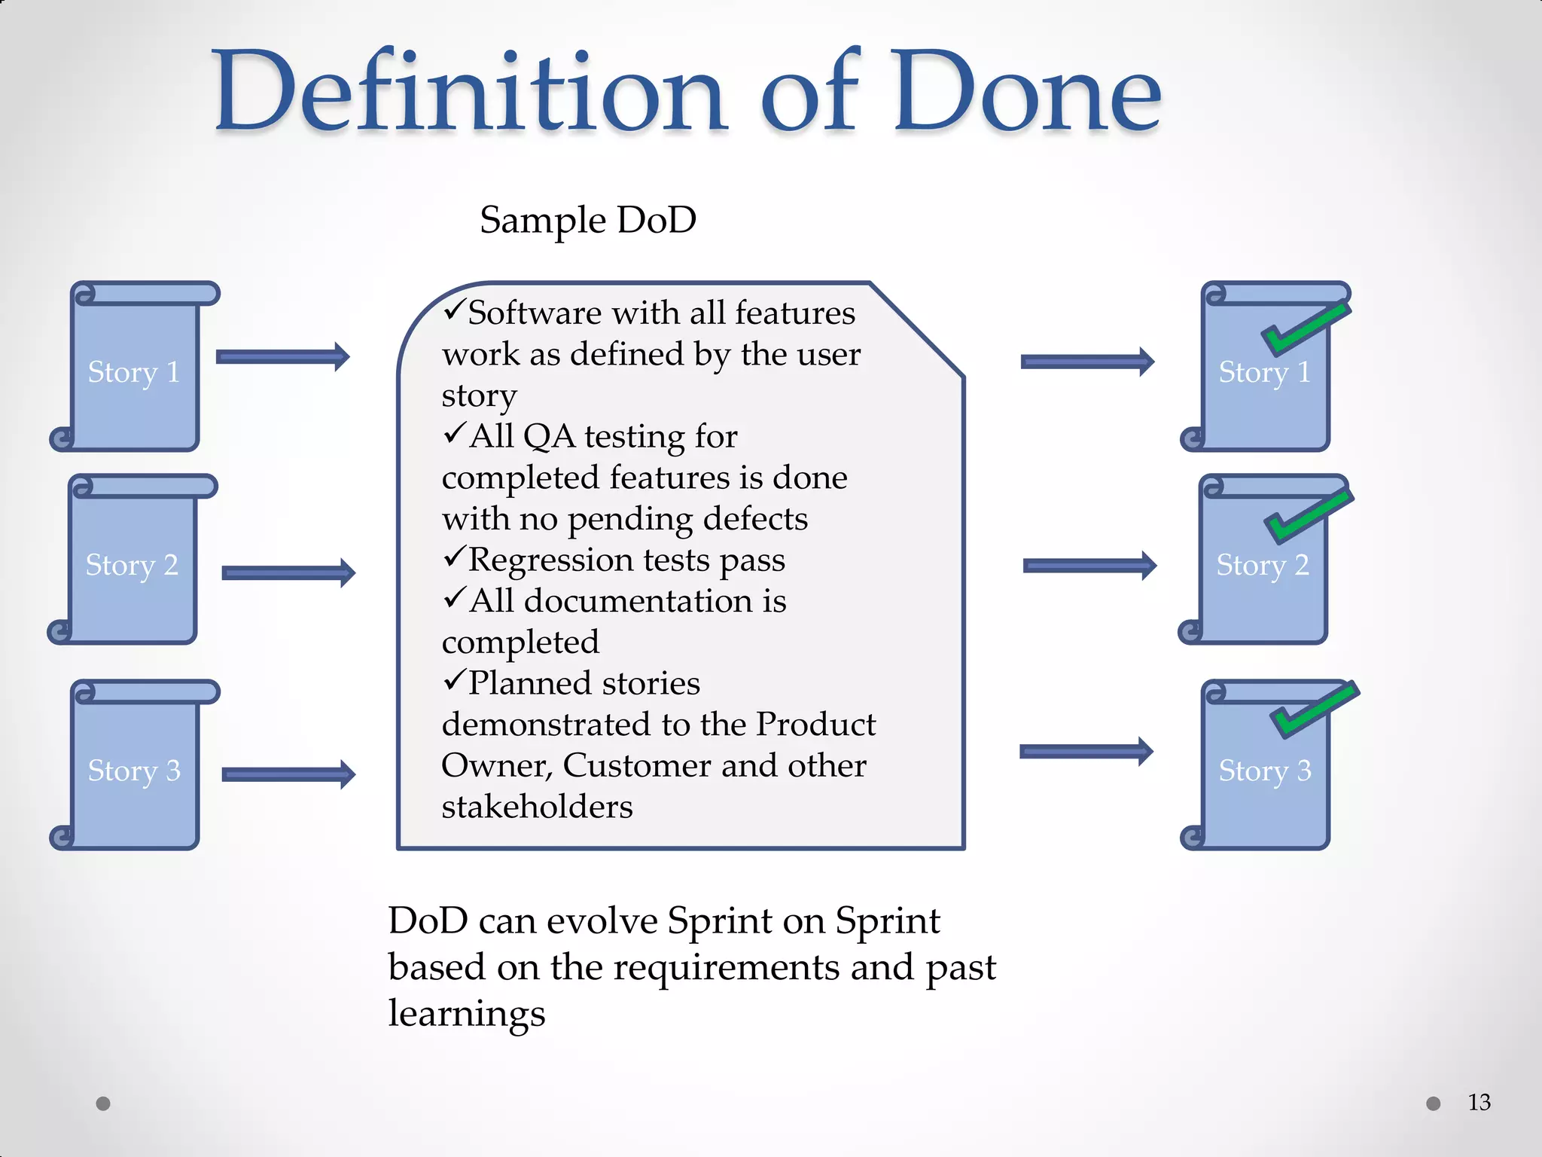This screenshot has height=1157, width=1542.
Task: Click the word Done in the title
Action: [x=1028, y=92]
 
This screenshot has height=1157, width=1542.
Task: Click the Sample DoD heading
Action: [x=588, y=220]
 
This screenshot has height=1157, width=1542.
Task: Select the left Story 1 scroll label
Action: [x=134, y=372]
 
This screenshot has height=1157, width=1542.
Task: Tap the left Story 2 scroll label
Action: [x=132, y=565]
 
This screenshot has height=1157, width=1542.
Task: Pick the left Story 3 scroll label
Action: [x=134, y=771]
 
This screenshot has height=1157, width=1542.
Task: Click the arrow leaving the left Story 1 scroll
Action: [x=282, y=356]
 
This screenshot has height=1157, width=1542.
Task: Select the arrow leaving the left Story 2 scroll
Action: [x=288, y=573]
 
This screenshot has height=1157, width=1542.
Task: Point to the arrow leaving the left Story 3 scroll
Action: [x=288, y=774]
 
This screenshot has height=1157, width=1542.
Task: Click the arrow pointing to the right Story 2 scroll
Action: [x=1089, y=566]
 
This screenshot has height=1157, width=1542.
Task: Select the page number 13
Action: [x=1479, y=1103]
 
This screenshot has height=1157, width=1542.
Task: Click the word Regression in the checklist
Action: [x=551, y=560]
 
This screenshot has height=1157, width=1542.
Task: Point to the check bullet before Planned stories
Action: [x=454, y=680]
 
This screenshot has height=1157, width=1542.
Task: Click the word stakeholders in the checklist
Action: [x=537, y=807]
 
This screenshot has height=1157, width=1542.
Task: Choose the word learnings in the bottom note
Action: [x=466, y=1013]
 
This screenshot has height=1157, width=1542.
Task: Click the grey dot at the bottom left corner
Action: [x=103, y=1104]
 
